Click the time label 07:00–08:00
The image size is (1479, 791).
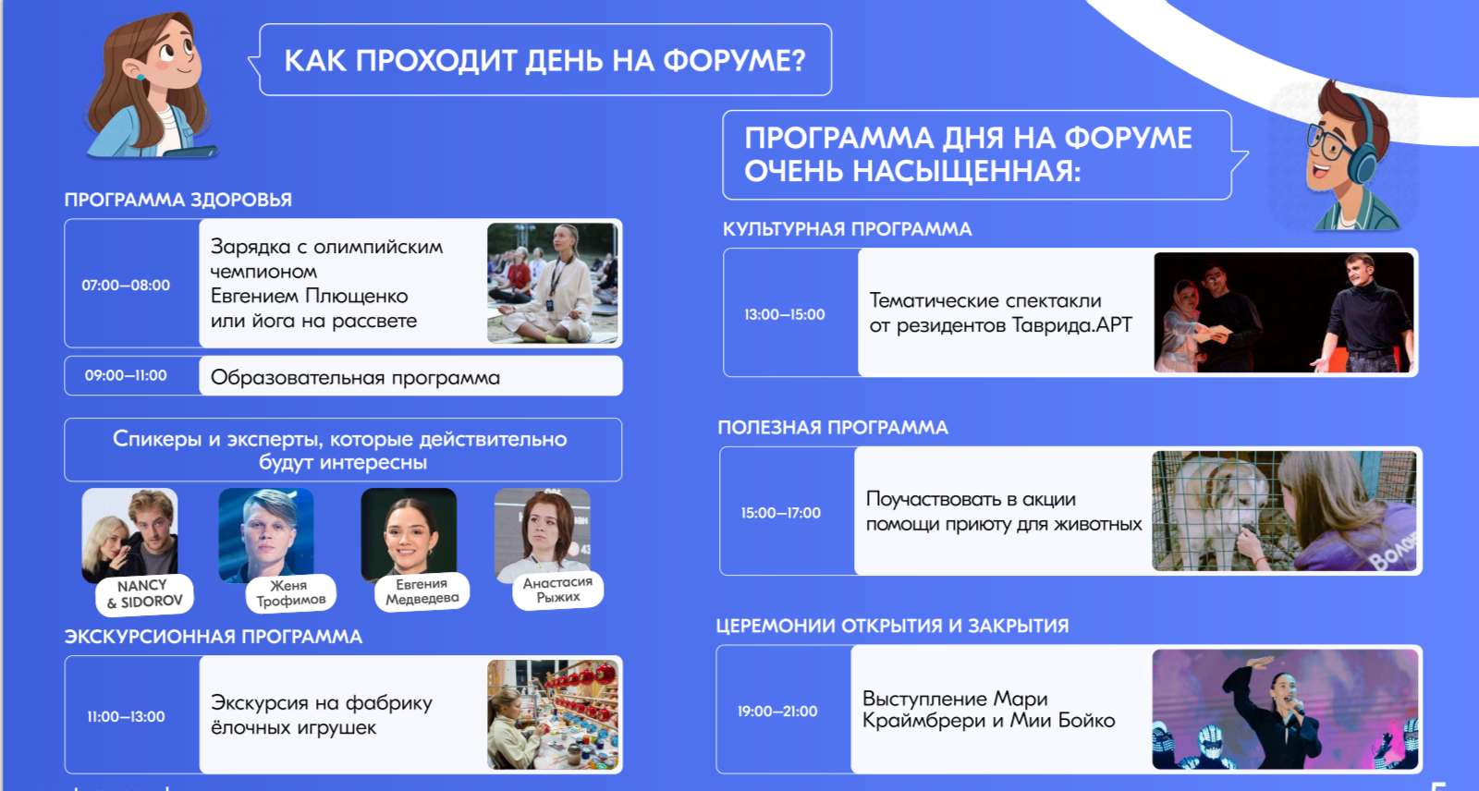pos(126,286)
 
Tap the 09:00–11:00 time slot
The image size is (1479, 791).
pos(126,376)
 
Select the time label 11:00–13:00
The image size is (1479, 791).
pos(126,716)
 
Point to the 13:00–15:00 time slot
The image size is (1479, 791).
pos(785,314)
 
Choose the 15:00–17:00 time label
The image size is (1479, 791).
pos(780,513)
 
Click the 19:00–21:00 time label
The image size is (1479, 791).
pos(777,712)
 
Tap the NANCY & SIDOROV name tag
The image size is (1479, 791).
pos(144,593)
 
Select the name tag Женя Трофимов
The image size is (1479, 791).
pos(290,593)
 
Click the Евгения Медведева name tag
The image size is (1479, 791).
pos(422,590)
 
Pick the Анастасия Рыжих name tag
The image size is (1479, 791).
pos(558,590)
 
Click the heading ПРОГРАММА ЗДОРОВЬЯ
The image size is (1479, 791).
pos(177,200)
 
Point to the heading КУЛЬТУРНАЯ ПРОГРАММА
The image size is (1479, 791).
pos(847,229)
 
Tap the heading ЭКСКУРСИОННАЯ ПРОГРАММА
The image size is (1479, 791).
pos(214,637)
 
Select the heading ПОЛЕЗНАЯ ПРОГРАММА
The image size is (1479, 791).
pos(833,427)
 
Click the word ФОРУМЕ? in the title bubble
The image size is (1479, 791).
pos(734,61)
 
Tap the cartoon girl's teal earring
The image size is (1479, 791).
pos(141,76)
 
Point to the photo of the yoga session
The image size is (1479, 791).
pos(553,283)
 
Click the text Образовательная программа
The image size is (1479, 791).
pos(355,378)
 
